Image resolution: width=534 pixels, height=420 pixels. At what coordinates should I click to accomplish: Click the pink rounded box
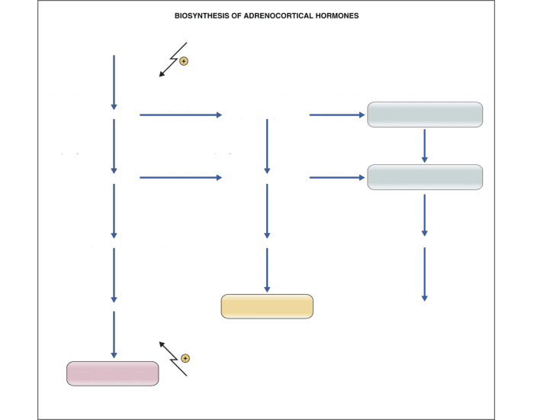coord(113,373)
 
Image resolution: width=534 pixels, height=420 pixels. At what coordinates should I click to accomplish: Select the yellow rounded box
coord(267,306)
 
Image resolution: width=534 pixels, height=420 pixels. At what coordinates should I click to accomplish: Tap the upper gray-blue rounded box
coord(425,115)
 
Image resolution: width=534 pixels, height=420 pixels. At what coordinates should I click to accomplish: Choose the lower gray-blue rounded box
coord(425,177)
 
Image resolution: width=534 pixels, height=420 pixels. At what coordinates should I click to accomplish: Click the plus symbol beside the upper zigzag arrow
coord(183,61)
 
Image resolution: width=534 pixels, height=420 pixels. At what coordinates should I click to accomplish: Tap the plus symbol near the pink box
coord(185,357)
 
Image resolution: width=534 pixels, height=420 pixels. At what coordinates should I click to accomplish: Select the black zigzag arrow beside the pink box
coord(173,357)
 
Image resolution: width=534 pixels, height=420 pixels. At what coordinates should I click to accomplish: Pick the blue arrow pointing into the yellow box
coord(267,270)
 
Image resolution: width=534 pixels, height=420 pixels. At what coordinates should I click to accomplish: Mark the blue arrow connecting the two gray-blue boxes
coord(425,146)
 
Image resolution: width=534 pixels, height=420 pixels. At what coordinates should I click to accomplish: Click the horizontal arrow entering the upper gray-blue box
coord(336,115)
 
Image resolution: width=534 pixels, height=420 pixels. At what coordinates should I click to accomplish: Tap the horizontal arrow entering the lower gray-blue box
coord(336,178)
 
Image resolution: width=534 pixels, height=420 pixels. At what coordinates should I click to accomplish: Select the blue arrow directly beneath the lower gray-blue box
coord(425,215)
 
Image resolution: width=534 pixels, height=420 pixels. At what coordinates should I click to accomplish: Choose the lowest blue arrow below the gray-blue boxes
coord(425,273)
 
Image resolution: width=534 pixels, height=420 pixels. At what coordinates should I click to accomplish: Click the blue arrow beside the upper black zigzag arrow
coord(114,82)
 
